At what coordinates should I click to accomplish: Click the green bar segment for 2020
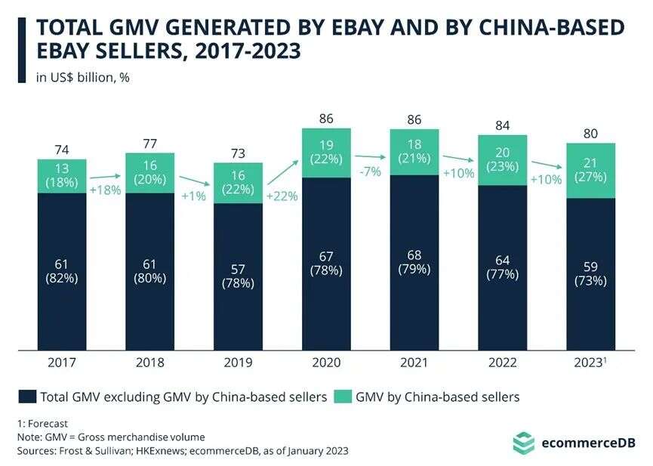pos(326,153)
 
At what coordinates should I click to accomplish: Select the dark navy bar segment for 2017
pos(62,271)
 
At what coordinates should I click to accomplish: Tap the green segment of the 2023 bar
pos(590,171)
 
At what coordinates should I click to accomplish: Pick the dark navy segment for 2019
pos(238,276)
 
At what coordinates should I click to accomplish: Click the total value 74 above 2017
pos(62,150)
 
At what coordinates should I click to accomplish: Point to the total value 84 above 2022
pos(502,125)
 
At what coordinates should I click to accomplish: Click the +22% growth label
pos(282,196)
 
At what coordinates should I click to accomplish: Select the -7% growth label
pos(370,172)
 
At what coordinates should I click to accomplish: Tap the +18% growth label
pos(106,190)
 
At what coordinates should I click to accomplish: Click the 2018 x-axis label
pos(149,363)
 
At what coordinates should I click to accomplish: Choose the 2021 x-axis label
pos(414,363)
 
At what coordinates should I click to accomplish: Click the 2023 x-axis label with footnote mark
pos(590,363)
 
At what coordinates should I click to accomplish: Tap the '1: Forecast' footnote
pos(42,423)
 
